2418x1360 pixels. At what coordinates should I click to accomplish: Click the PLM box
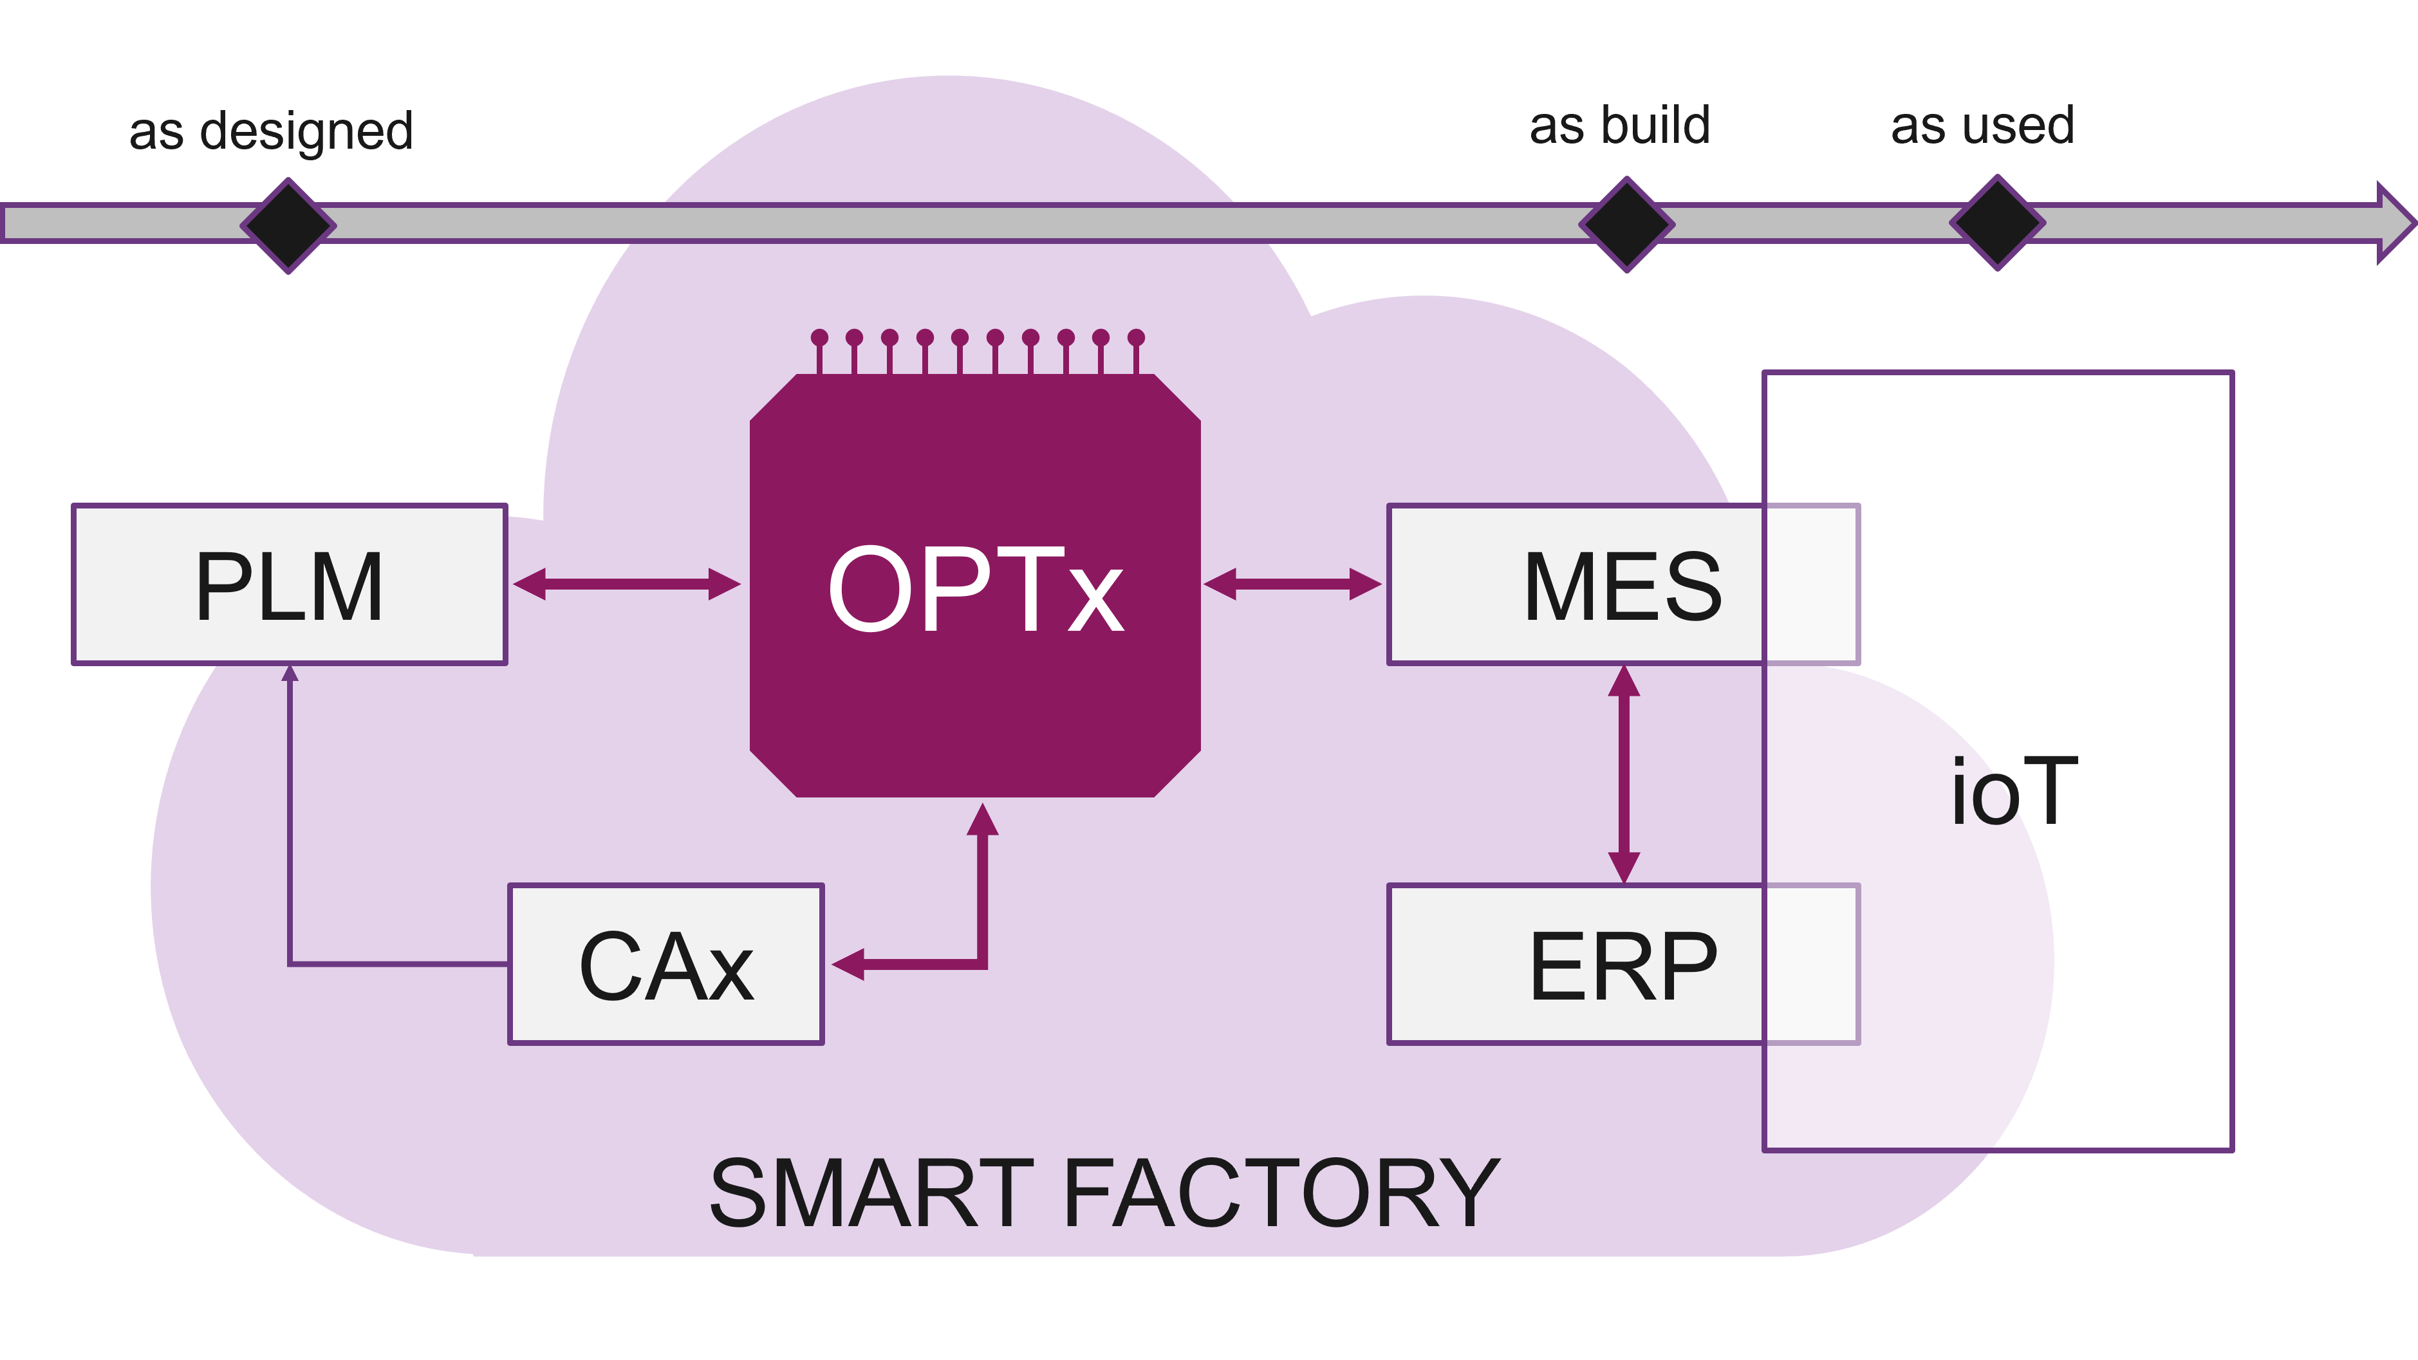[x=289, y=584]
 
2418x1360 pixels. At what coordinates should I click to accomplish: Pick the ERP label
[x=1623, y=966]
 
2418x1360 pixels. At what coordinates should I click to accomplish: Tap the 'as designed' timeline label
[x=271, y=131]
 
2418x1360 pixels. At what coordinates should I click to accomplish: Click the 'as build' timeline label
[x=1620, y=126]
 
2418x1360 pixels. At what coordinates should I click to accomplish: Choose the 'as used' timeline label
[x=1982, y=126]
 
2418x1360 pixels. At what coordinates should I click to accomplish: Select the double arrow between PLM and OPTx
[x=627, y=584]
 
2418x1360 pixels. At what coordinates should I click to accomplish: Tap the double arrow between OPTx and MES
[x=1292, y=584]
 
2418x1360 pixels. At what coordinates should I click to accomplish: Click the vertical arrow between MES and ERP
[x=1624, y=774]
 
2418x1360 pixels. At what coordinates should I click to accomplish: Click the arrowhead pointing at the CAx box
[x=848, y=964]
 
